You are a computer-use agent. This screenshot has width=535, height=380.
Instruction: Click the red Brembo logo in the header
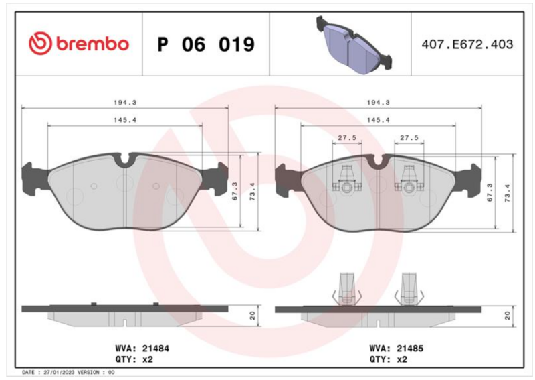[x=79, y=44]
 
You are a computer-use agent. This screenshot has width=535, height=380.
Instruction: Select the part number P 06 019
[x=206, y=44]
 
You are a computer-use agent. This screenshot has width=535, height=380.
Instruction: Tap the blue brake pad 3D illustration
[x=354, y=44]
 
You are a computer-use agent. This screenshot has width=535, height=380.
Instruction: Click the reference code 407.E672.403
[x=467, y=44]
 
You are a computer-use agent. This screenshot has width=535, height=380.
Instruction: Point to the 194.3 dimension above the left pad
[x=125, y=103]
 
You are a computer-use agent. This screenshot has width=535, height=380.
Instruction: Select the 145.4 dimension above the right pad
[x=378, y=120]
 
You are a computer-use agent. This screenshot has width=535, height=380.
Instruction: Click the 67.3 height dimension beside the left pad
[x=235, y=191]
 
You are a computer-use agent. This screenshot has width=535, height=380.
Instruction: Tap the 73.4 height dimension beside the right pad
[x=508, y=193]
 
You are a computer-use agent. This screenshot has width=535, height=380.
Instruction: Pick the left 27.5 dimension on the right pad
[x=347, y=138]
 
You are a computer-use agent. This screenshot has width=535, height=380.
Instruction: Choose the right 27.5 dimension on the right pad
[x=409, y=138]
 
